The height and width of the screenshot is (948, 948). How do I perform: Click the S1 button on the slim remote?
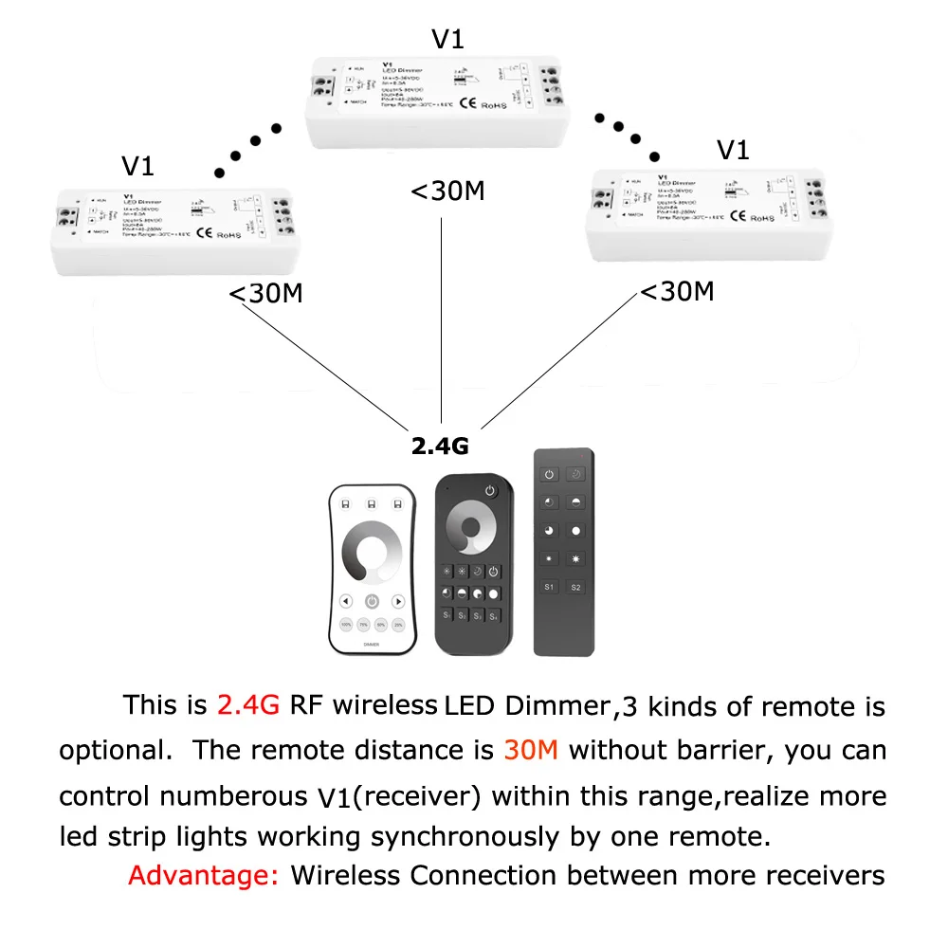pyautogui.click(x=549, y=588)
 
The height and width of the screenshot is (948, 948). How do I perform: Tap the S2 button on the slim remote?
pyautogui.click(x=575, y=588)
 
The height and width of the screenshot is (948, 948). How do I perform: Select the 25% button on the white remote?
pyautogui.click(x=399, y=626)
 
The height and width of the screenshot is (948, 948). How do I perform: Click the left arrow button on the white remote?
pyautogui.click(x=345, y=601)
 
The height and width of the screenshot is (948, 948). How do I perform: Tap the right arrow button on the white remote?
pyautogui.click(x=399, y=601)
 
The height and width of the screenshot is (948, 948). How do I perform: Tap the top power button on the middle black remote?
pyautogui.click(x=490, y=490)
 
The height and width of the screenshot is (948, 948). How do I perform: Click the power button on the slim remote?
pyautogui.click(x=549, y=474)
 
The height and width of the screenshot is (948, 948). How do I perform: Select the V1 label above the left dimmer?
pyautogui.click(x=137, y=167)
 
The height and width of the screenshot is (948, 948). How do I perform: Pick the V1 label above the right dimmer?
pyautogui.click(x=733, y=150)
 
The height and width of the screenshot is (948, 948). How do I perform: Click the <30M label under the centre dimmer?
pyautogui.click(x=447, y=191)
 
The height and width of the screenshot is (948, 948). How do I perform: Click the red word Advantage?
pyautogui.click(x=203, y=875)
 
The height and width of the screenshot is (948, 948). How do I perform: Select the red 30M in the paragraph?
pyautogui.click(x=531, y=751)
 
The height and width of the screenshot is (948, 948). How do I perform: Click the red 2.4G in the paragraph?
pyautogui.click(x=248, y=706)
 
